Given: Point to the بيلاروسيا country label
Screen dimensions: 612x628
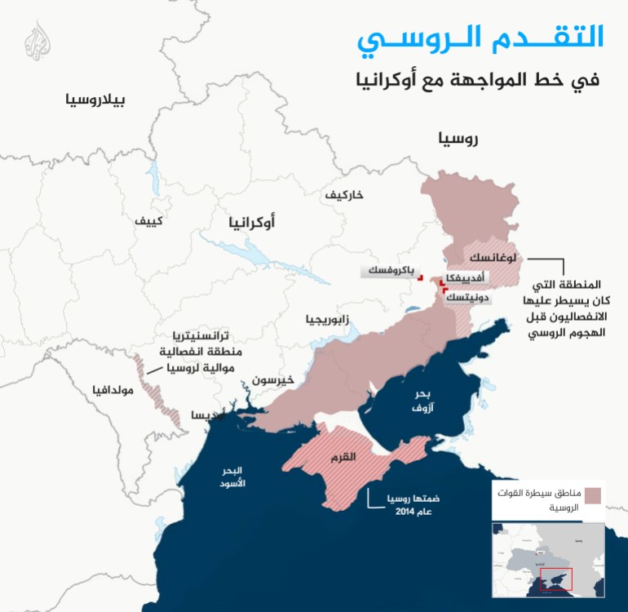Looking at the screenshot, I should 97,100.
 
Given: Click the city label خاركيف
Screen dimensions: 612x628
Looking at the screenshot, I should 344,195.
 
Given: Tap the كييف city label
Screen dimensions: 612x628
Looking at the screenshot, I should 149,220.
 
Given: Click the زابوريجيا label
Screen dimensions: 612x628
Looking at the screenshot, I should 327,319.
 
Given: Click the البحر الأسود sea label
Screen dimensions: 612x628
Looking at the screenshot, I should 232,477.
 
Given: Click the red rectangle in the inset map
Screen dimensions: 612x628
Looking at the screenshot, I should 557,578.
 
